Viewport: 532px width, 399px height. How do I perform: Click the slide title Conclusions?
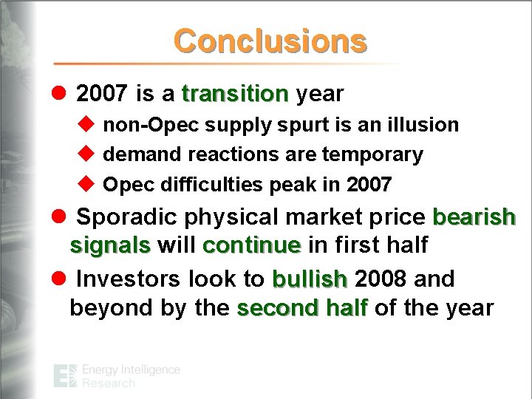click(x=270, y=41)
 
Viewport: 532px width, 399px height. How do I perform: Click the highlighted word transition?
click(x=235, y=95)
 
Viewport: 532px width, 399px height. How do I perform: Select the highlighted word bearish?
click(x=474, y=218)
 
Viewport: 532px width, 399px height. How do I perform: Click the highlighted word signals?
click(x=110, y=245)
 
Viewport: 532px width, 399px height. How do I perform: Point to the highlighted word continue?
click(x=251, y=245)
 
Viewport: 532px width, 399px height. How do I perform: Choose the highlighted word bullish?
click(x=310, y=279)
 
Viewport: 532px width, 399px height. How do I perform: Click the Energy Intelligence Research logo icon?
click(x=65, y=376)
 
